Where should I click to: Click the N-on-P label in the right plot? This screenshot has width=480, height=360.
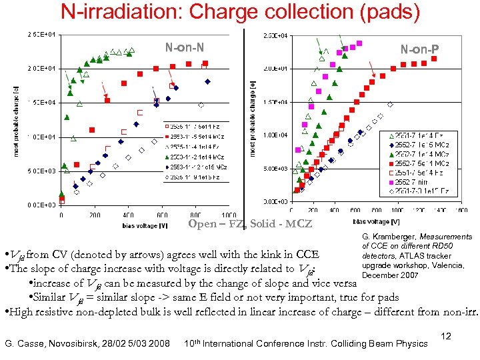click(419, 48)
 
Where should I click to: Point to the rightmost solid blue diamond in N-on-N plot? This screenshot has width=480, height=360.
click(207, 81)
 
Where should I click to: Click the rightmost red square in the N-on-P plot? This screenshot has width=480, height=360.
click(434, 59)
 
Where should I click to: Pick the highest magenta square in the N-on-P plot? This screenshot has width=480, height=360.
click(359, 43)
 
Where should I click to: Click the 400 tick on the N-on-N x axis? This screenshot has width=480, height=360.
click(128, 215)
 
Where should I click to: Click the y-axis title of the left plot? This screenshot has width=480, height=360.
click(16, 121)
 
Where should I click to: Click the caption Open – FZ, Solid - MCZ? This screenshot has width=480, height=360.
click(250, 223)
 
